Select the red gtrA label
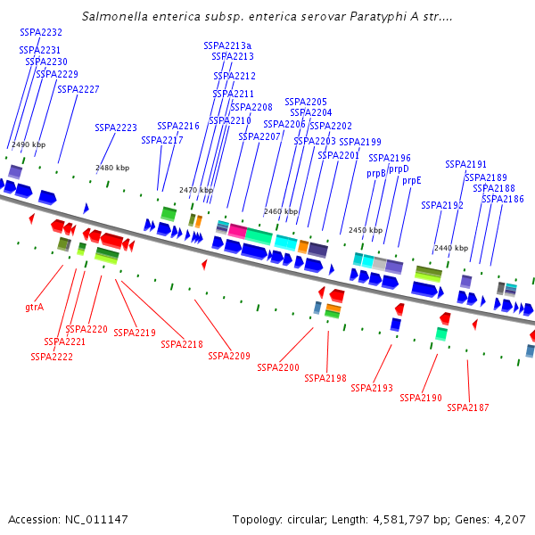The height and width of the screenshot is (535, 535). point(35,307)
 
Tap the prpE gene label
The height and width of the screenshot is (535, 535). point(411,180)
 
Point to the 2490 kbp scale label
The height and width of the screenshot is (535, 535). point(29,144)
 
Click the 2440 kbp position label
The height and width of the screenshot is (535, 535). point(450,248)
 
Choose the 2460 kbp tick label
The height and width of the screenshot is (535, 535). point(280,212)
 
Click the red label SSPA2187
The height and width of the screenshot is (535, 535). point(467,407)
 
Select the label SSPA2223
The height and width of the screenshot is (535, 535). point(116,128)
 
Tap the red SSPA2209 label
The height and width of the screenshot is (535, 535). point(229,356)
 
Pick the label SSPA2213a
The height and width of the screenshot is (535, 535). point(227,45)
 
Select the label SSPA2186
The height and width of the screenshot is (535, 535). point(503,199)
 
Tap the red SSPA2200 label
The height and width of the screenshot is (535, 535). point(278,366)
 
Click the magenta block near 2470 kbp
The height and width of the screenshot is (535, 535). point(237,230)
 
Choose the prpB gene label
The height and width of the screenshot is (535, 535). point(376,173)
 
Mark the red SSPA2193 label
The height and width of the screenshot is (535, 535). point(372,388)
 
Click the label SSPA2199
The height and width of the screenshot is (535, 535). point(360,142)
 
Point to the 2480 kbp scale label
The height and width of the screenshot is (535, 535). point(112,168)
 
